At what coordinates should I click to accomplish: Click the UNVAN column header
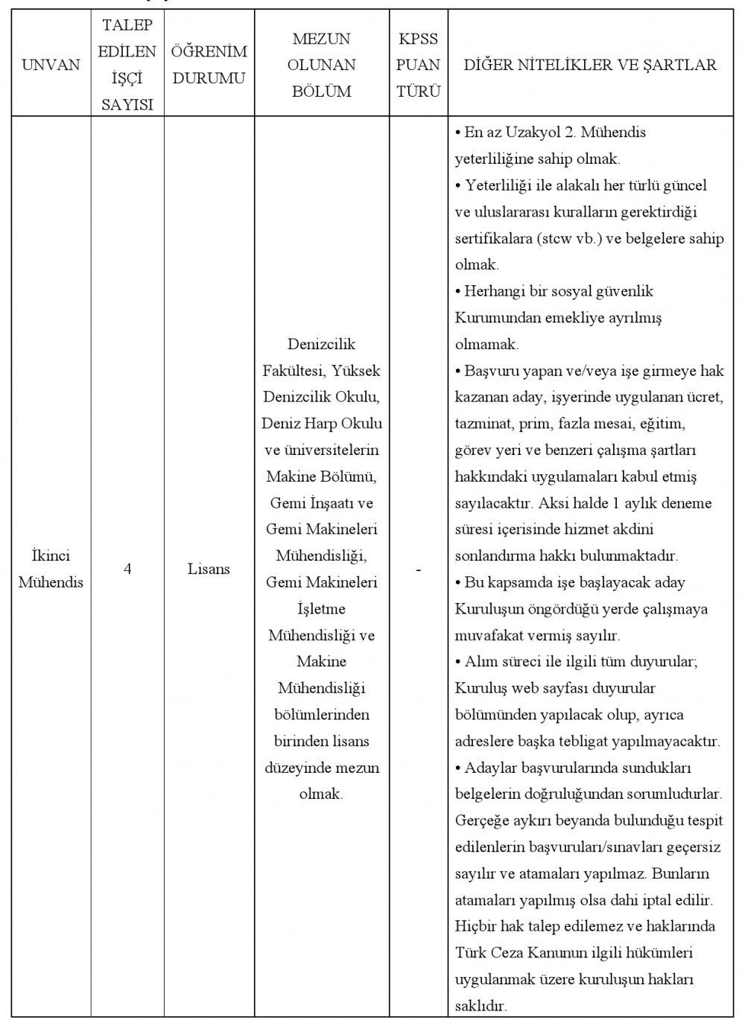pos(51,65)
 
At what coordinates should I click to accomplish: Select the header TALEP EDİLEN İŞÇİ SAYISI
pos(127,65)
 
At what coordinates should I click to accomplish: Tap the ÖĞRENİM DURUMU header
pos(209,65)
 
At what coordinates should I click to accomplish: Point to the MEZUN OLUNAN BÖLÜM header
pos(321,65)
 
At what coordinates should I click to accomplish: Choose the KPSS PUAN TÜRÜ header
pos(418,65)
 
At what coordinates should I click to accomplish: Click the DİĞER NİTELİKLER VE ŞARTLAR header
pos(590,65)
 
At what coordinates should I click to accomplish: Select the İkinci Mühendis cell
pos(51,570)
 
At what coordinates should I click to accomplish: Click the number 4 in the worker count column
pos(127,570)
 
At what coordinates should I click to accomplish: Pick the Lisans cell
pos(209,570)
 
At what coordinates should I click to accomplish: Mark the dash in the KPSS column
pos(418,570)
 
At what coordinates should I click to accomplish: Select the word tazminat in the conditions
pos(481,424)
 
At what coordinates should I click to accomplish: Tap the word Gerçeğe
pos(481,821)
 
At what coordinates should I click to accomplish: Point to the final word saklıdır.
pos(481,1006)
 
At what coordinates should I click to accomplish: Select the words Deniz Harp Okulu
pos(321,424)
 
